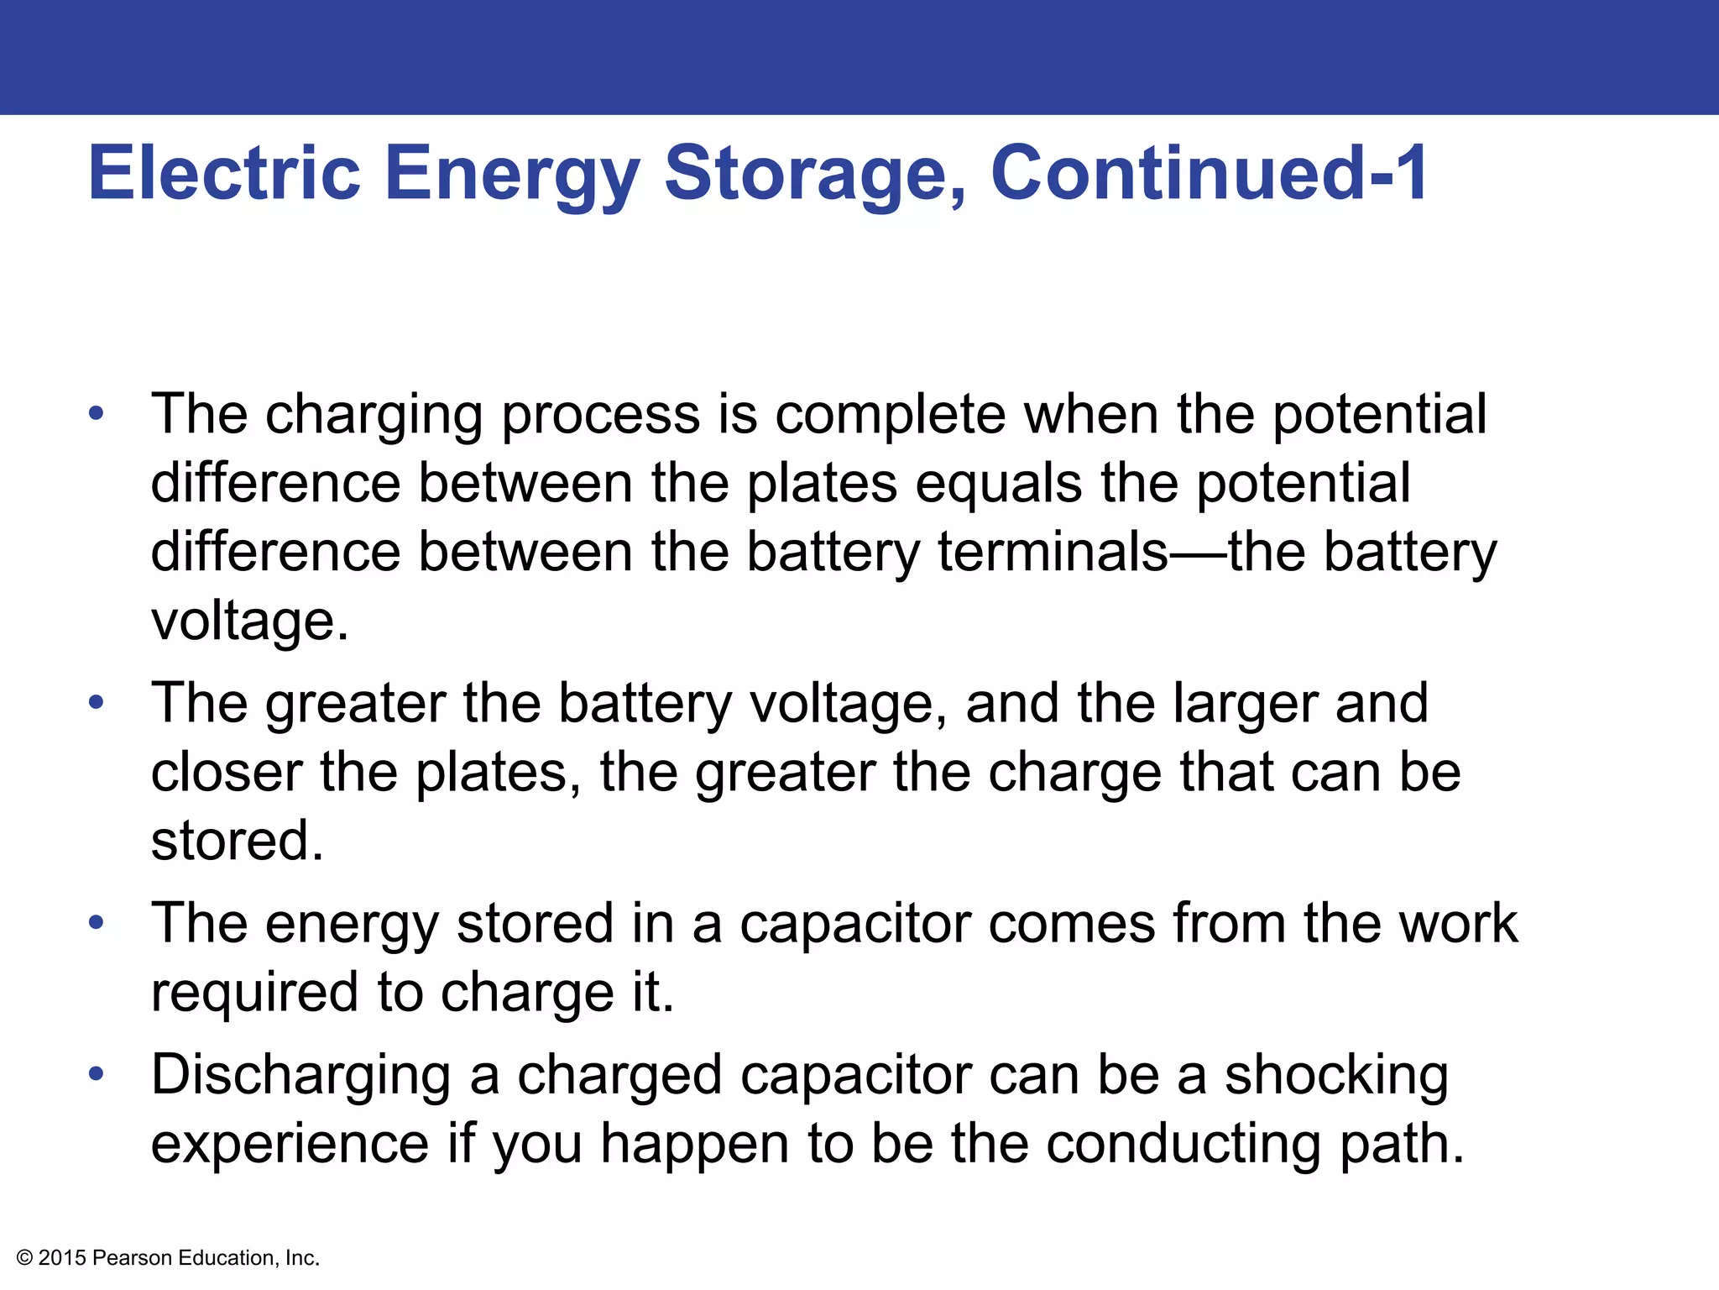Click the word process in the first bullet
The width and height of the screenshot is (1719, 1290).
600,415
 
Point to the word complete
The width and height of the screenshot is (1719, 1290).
890,415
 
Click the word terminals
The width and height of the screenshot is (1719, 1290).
1053,553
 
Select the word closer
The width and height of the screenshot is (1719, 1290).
227,772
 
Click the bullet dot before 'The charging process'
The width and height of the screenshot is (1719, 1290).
97,413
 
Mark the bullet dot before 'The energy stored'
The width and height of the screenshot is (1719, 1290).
97,922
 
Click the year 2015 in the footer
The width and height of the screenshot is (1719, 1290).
62,1258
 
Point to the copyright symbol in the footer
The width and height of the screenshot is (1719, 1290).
24,1258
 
